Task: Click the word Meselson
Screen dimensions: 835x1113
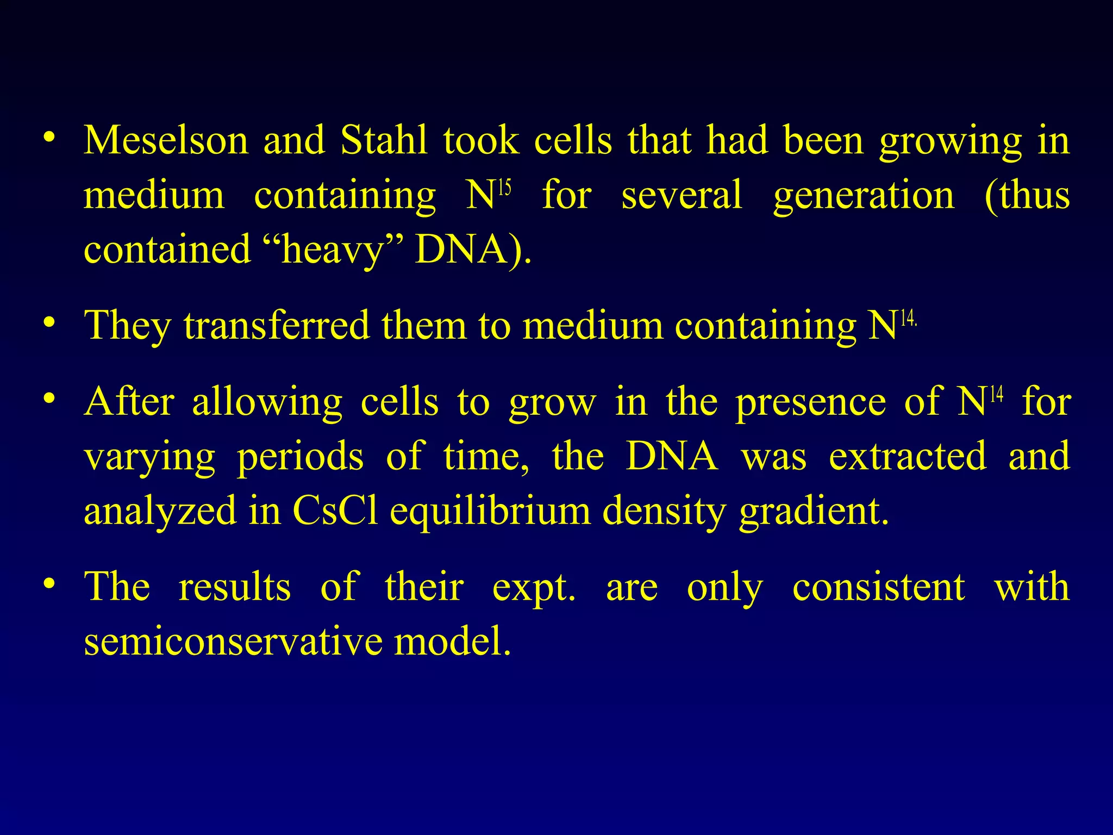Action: click(x=166, y=140)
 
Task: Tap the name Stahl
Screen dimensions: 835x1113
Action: click(x=384, y=140)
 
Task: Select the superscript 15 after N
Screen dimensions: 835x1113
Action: click(x=504, y=188)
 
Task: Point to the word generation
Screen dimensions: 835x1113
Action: click(x=864, y=196)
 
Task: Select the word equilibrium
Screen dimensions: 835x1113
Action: click(x=490, y=512)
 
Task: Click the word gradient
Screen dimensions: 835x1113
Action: click(x=814, y=512)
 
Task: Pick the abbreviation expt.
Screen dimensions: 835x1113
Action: click(x=533, y=588)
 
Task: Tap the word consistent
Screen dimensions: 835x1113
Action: click(x=878, y=587)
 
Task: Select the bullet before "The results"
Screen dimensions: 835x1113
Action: click(x=49, y=584)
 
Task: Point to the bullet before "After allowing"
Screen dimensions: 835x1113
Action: click(x=49, y=398)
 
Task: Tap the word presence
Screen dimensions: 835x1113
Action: click(x=811, y=402)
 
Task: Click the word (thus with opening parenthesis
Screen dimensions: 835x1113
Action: click(x=1027, y=196)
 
